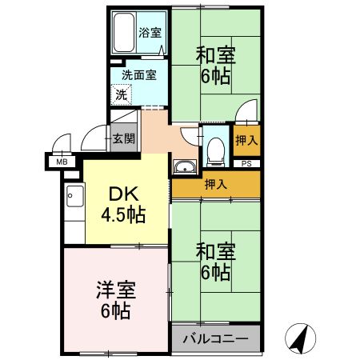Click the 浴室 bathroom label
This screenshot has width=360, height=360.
point(150,33)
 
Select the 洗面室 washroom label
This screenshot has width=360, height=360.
point(138,76)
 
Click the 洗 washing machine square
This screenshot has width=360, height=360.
point(122,94)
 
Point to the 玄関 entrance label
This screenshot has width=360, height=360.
point(124,138)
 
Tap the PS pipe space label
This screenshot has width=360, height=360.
point(246,163)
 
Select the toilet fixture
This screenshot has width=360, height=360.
point(214,147)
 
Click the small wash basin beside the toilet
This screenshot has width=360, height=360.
point(183,167)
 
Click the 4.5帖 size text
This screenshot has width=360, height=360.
point(122,214)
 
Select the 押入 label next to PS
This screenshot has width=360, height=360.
point(246,140)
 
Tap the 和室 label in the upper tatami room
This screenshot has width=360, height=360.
point(214,55)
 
